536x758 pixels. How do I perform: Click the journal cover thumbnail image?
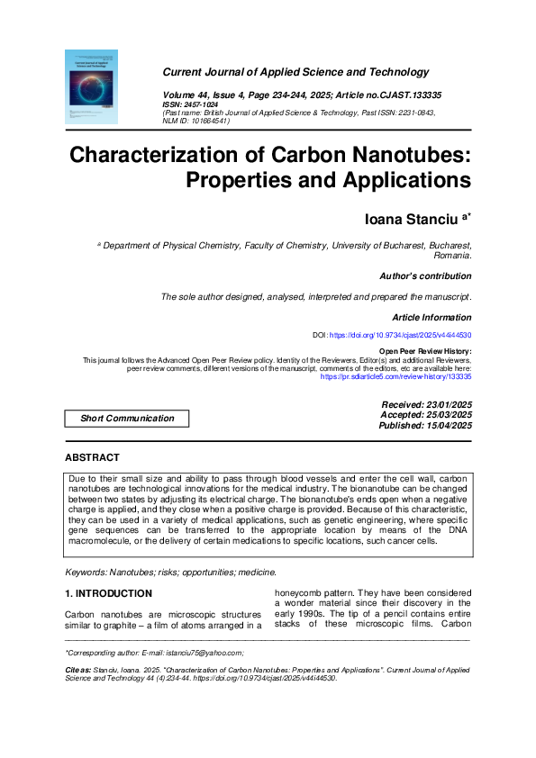pos(92,86)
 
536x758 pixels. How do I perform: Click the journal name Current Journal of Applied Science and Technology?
pos(295,72)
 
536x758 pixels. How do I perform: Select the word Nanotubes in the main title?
pos(413,155)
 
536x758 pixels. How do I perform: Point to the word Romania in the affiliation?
pos(447,254)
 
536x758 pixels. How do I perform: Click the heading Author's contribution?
pos(426,276)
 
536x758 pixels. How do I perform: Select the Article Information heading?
pos(432,317)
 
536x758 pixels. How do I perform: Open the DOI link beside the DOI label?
pos(401,335)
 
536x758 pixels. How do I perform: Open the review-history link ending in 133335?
pos(396,377)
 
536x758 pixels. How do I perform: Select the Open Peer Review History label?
pos(424,351)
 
